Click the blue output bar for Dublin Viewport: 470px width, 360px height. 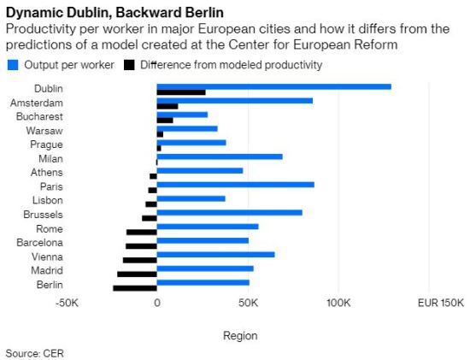pyautogui.click(x=273, y=86)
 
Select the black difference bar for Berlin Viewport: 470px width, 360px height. pyautogui.click(x=135, y=288)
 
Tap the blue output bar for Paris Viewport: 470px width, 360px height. pyautogui.click(x=235, y=184)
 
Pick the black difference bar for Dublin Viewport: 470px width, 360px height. pyautogui.click(x=181, y=92)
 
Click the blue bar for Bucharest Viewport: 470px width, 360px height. pyautogui.click(x=182, y=115)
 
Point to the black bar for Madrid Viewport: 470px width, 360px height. pyautogui.click(x=137, y=274)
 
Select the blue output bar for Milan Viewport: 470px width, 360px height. pyautogui.click(x=220, y=156)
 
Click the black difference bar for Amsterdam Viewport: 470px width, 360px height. pyautogui.click(x=167, y=107)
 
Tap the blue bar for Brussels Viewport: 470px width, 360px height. pyautogui.click(x=229, y=212)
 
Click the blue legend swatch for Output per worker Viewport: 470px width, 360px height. pyautogui.click(x=12, y=65)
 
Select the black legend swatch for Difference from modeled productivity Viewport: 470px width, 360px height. pyautogui.click(x=130, y=65)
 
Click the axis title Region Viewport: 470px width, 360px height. pyautogui.click(x=239, y=336)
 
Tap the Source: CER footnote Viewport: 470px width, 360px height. pyautogui.click(x=35, y=352)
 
